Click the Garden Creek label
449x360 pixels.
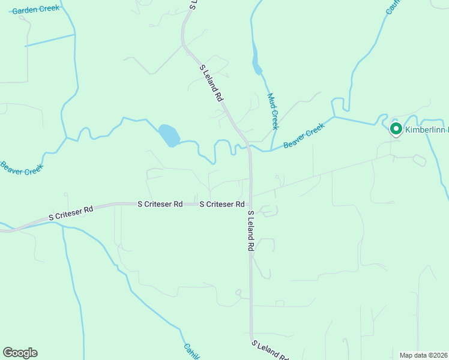coord(35,9)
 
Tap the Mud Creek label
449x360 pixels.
coord(273,111)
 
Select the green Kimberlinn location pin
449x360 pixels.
coord(396,129)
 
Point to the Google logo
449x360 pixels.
coord(20,353)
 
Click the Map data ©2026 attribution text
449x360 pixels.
coord(423,355)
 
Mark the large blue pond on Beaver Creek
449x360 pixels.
coord(169,136)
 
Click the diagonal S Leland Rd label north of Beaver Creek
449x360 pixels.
coord(212,83)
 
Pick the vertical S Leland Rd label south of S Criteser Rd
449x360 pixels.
coord(251,230)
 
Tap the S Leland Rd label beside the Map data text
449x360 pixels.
coord(270,350)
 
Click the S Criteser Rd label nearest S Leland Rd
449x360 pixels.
coord(221,205)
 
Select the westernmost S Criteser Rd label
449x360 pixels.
coord(71,212)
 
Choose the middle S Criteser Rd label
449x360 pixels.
coord(160,204)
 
